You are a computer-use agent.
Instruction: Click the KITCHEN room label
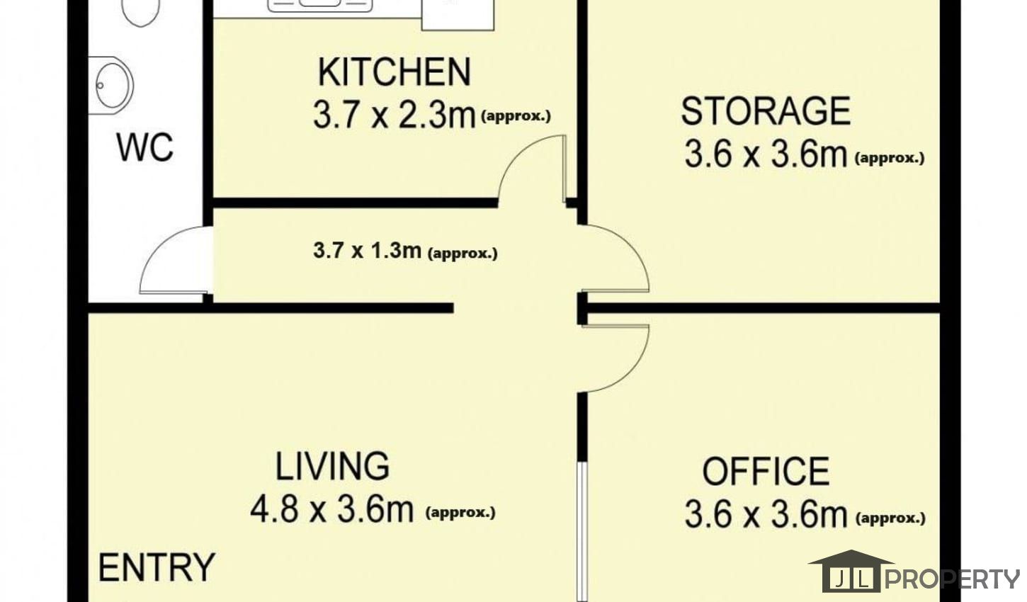click(x=395, y=72)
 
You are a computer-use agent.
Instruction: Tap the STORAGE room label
click(x=766, y=111)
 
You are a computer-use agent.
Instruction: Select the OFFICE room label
click(x=766, y=471)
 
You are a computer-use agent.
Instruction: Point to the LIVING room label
click(x=332, y=466)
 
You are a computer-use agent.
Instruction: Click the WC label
click(x=145, y=147)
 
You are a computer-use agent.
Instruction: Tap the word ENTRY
click(x=157, y=567)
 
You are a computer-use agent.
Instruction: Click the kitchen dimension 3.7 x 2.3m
click(x=395, y=115)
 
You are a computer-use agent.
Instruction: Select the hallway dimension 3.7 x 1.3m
click(x=368, y=250)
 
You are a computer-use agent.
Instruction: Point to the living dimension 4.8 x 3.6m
click(x=332, y=509)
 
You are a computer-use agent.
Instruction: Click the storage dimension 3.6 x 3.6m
click(x=766, y=154)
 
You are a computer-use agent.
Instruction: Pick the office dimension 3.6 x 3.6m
click(x=766, y=515)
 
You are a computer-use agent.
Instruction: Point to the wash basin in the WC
click(x=111, y=85)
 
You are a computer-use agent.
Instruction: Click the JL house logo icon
click(x=851, y=571)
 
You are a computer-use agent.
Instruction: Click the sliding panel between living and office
click(x=581, y=532)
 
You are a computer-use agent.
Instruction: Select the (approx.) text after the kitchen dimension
click(x=516, y=116)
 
